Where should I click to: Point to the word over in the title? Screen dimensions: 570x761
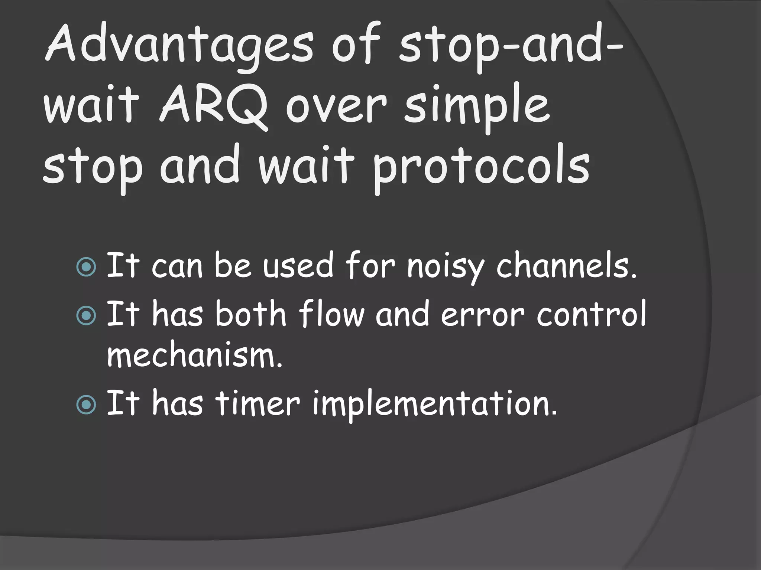[337, 108]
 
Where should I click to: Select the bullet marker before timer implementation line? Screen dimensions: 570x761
[86, 404]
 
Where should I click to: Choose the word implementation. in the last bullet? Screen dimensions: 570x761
[435, 404]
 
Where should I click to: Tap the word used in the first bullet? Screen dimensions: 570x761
[298, 266]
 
